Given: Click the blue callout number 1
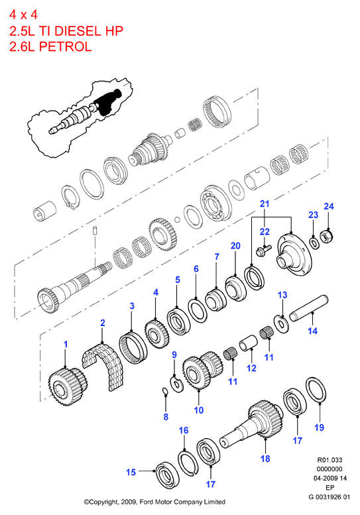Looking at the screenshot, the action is tap(66, 344).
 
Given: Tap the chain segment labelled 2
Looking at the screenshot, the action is tap(103, 364).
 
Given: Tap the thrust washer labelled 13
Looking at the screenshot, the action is tap(282, 324).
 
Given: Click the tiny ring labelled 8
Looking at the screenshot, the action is tap(165, 391).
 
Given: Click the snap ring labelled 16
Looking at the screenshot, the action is tap(188, 463).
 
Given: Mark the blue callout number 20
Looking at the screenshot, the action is tap(235, 246).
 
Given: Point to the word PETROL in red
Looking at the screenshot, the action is tap(65, 46).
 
